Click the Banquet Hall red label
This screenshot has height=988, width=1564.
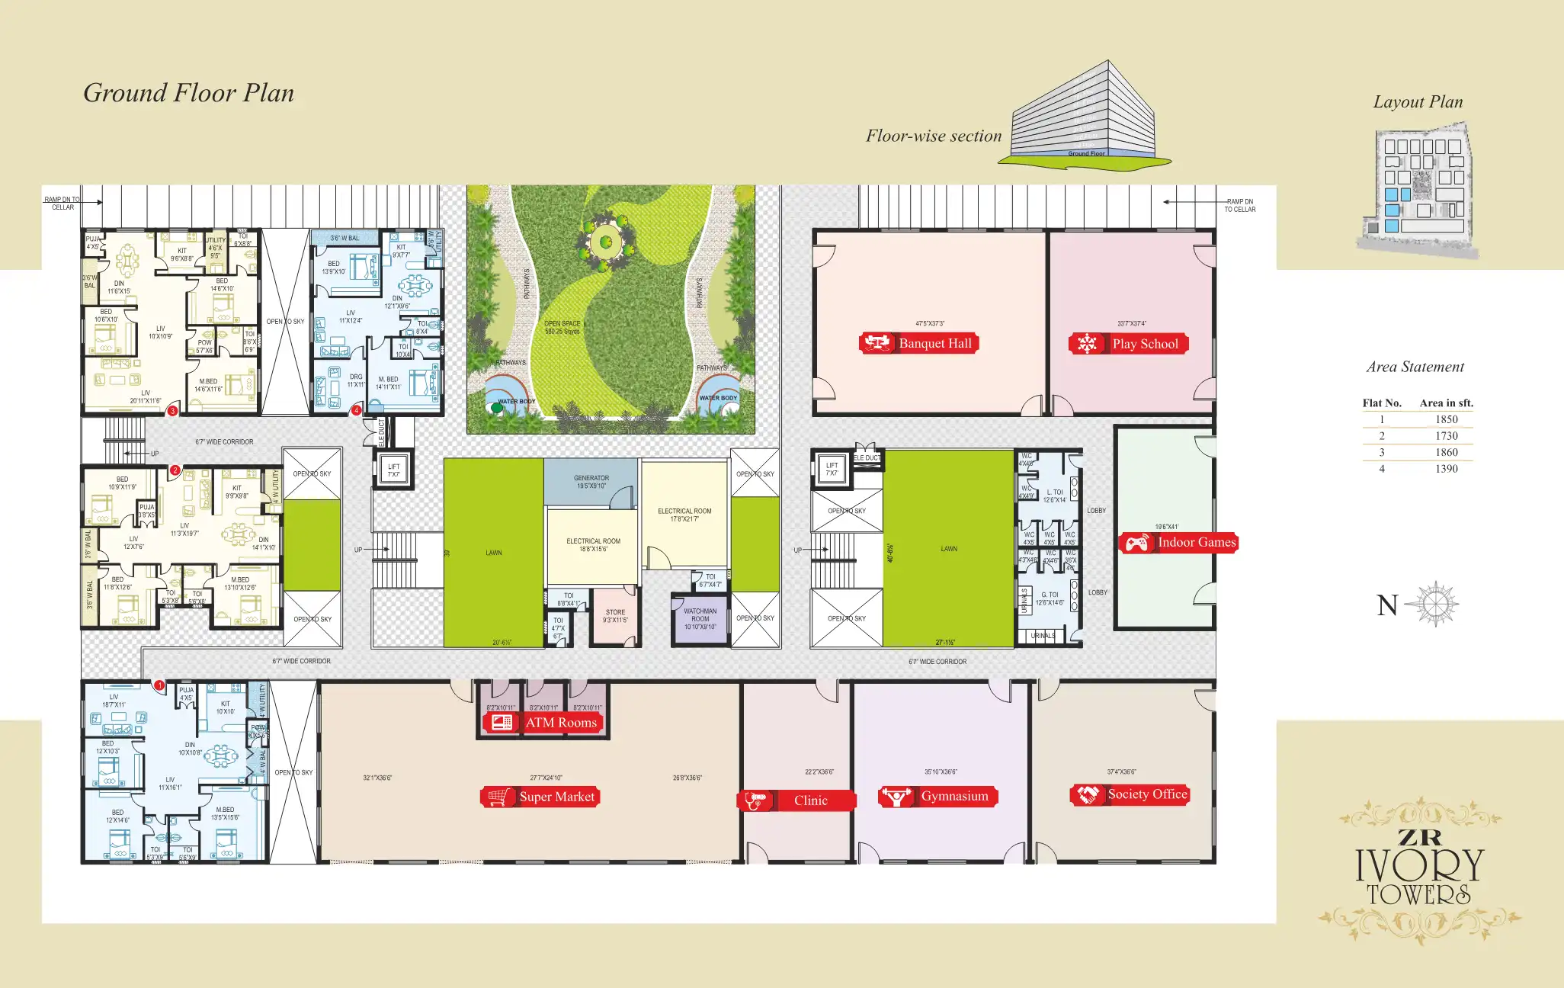pos(918,343)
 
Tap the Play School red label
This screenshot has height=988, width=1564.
pos(1129,344)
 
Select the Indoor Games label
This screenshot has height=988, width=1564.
pos(1178,543)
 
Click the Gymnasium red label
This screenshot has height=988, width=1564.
pos(937,797)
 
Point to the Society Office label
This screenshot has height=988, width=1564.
pos(1130,794)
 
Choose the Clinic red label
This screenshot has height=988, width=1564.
pos(796,800)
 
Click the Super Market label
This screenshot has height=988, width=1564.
pos(540,797)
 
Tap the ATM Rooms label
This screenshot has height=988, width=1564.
pos(543,723)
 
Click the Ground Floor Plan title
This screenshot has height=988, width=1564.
pos(188,93)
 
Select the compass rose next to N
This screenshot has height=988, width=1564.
pos(1434,605)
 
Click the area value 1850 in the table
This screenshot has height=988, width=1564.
pos(1446,419)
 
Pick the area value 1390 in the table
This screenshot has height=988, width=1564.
pos(1446,469)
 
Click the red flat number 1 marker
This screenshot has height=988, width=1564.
pos(160,685)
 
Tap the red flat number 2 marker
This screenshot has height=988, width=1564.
pos(175,470)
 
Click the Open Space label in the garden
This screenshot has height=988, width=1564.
pos(562,327)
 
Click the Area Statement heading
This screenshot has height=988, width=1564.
pos(1415,367)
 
